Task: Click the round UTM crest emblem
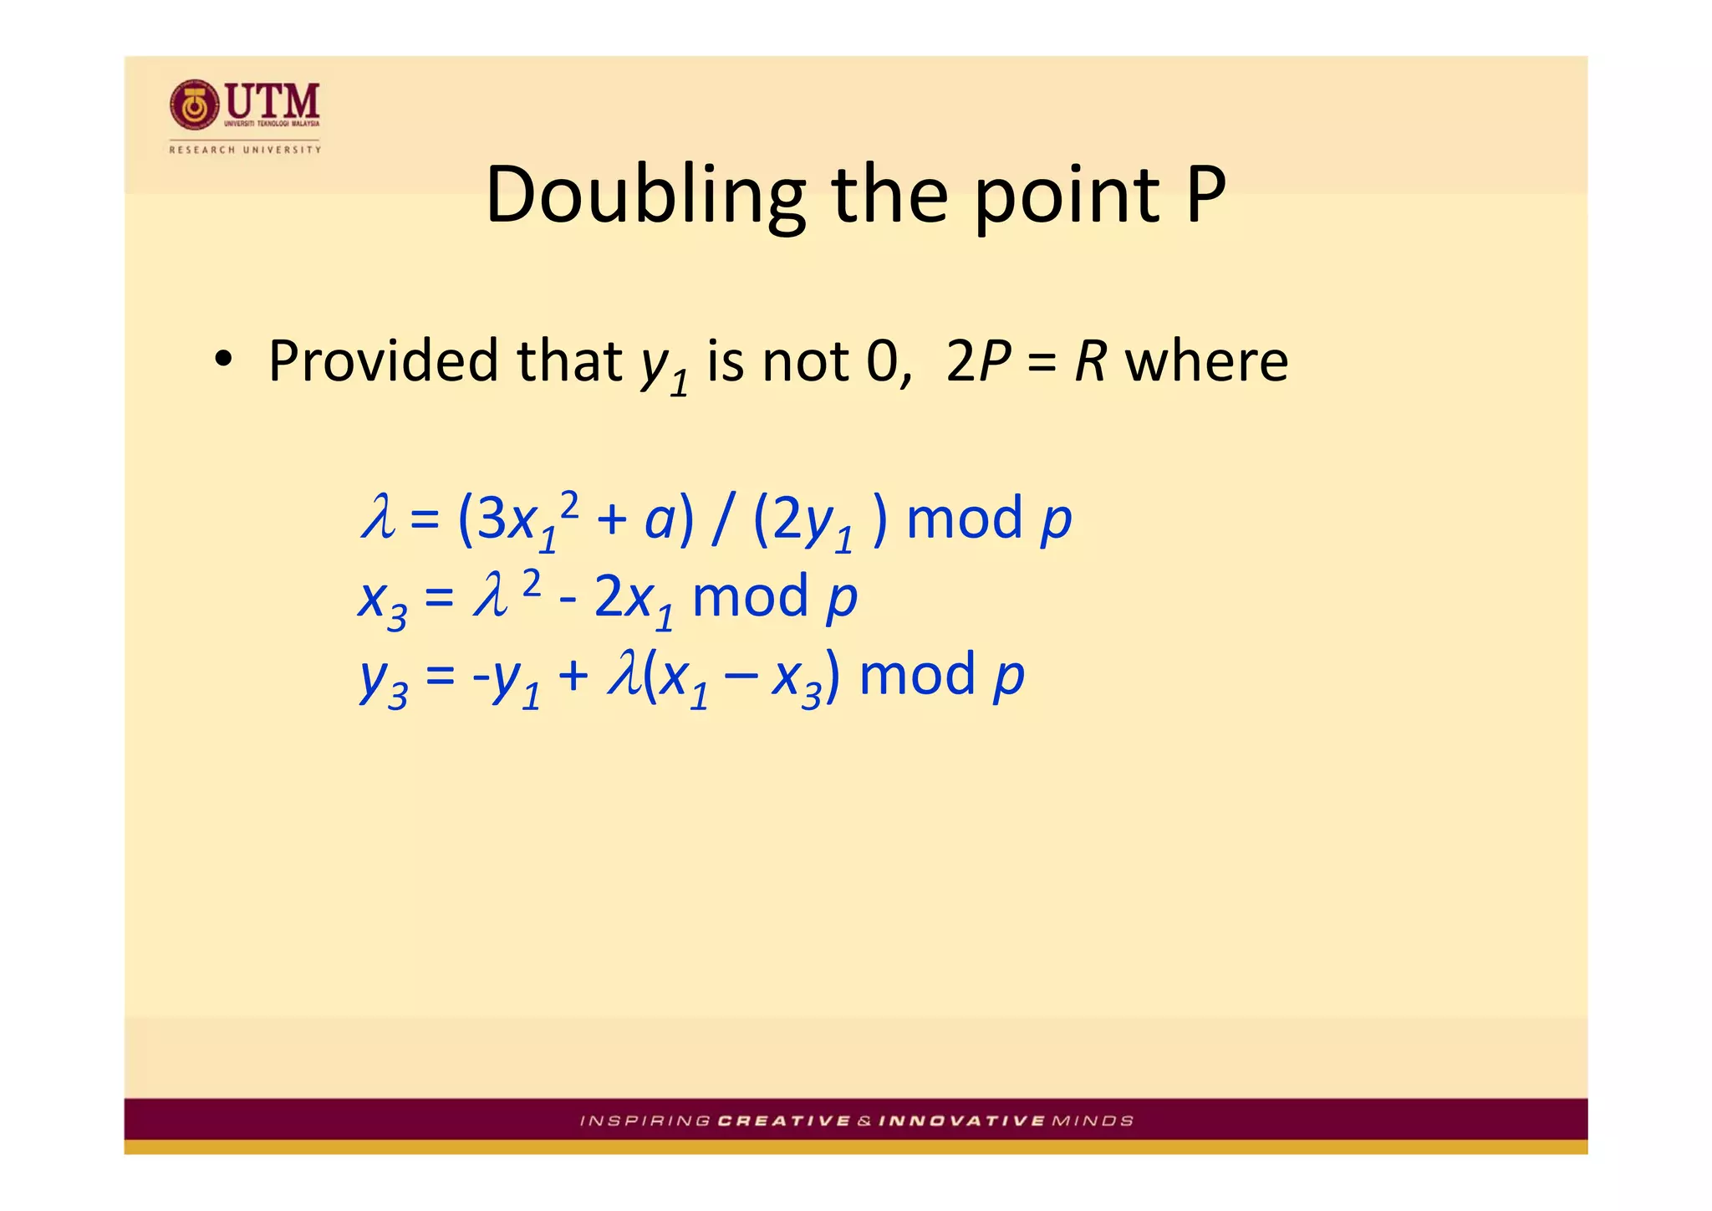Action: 194,105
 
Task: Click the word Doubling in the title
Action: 645,196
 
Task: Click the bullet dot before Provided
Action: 222,361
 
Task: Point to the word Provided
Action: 385,361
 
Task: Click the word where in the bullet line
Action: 1206,361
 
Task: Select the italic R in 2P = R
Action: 1091,361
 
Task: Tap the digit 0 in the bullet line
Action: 882,361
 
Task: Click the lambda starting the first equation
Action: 377,517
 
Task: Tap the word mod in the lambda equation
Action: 965,519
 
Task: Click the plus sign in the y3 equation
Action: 573,676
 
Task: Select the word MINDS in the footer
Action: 1093,1121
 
